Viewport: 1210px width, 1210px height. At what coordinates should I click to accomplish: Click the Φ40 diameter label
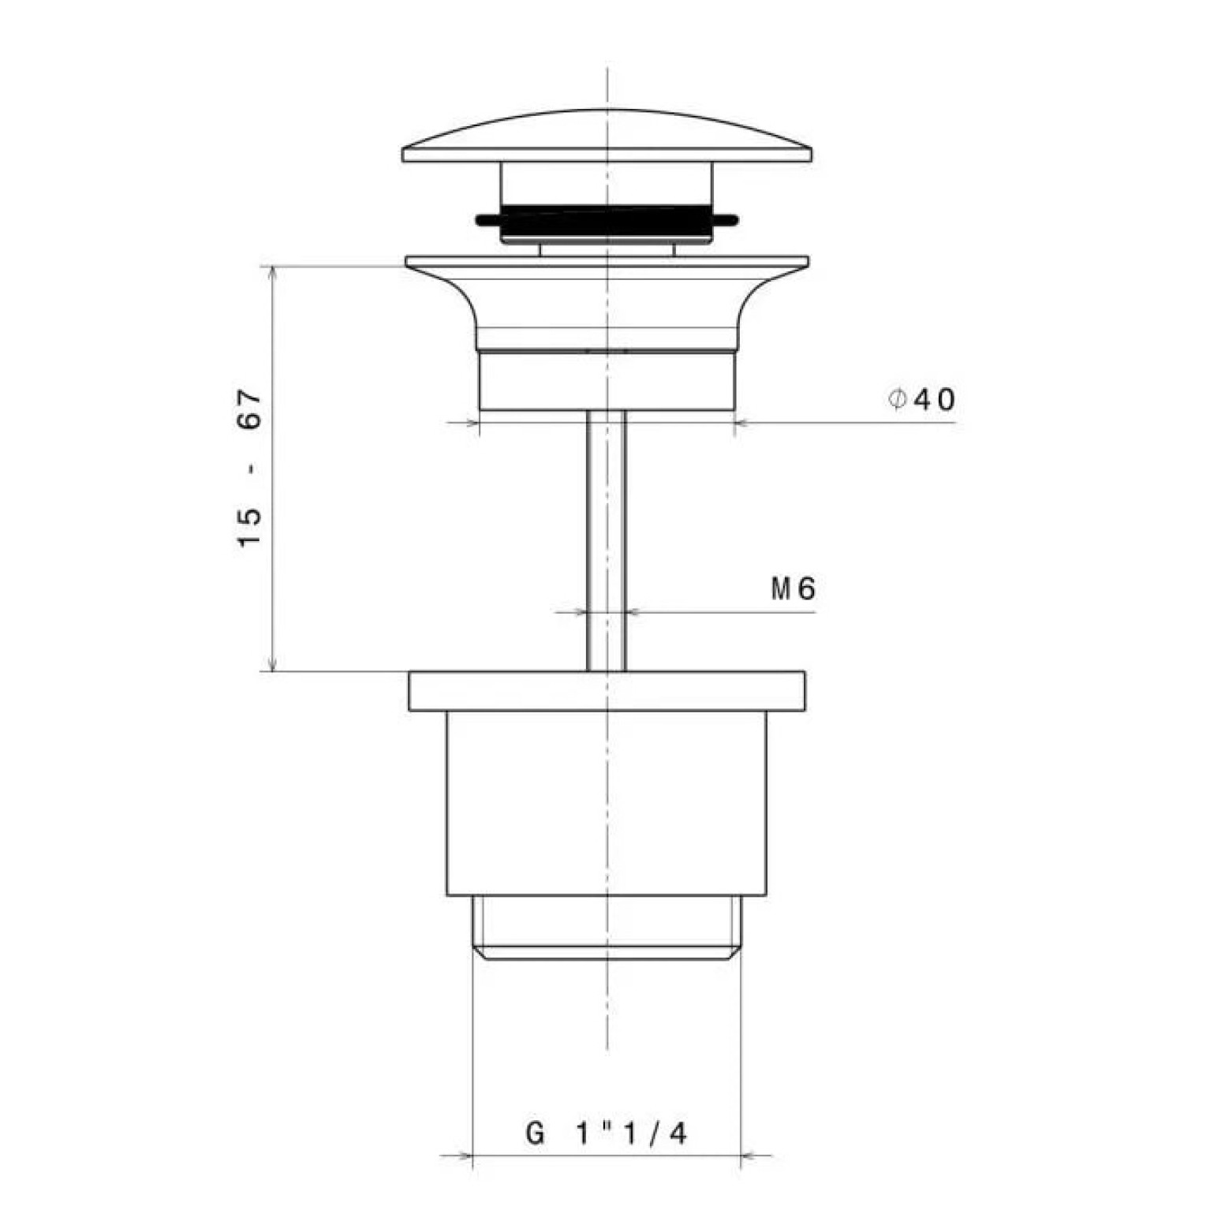[x=921, y=400]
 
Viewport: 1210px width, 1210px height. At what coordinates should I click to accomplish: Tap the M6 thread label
[x=793, y=588]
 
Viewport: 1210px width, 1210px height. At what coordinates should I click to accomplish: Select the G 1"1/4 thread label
[x=606, y=1133]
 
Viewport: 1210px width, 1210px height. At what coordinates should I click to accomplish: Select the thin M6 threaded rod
[x=606, y=540]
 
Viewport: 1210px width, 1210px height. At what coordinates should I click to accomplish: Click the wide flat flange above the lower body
[x=607, y=691]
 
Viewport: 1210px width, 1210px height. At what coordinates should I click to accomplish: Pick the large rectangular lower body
[x=607, y=803]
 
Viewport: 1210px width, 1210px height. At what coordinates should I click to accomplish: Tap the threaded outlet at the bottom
[x=607, y=928]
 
